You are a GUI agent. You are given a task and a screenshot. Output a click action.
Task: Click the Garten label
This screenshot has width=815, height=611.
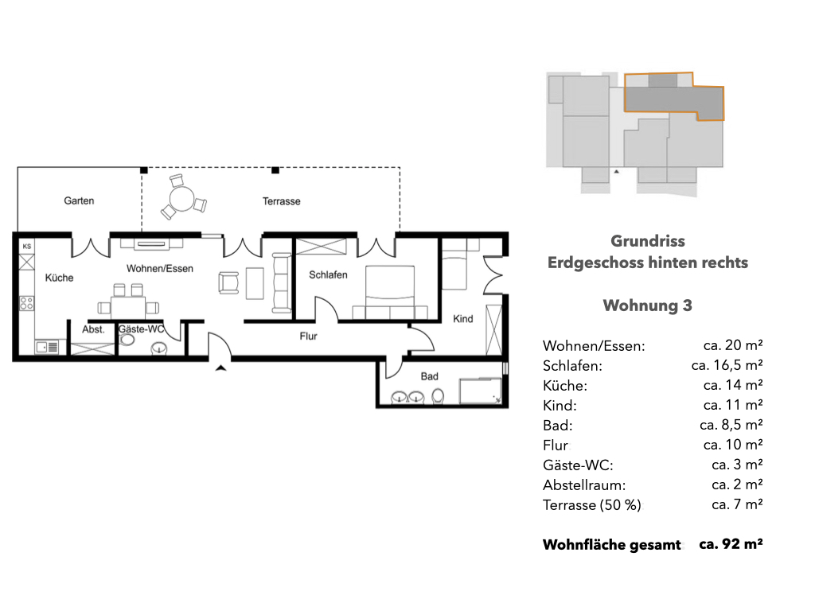tap(79, 200)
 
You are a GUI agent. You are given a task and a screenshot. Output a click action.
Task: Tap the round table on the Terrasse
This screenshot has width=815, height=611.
tap(182, 199)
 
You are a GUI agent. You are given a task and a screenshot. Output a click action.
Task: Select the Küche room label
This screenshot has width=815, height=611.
tap(59, 278)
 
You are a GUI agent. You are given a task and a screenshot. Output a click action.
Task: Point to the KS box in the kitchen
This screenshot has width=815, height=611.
tap(26, 247)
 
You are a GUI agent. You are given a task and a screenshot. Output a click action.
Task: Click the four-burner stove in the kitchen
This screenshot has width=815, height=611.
tap(26, 303)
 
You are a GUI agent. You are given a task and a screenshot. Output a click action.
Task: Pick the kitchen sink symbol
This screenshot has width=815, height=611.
tap(47, 347)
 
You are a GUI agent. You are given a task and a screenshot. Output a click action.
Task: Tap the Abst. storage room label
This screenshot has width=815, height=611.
tap(93, 329)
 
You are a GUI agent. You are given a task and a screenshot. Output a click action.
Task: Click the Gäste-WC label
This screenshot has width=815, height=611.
tap(142, 329)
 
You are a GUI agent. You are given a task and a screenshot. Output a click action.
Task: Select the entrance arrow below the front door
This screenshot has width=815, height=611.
tap(221, 368)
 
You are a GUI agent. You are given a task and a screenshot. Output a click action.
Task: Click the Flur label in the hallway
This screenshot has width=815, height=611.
tap(308, 337)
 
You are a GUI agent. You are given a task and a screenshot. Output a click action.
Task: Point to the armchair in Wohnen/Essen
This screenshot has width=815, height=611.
tap(228, 283)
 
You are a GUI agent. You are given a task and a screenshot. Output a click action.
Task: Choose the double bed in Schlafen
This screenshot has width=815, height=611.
tap(390, 292)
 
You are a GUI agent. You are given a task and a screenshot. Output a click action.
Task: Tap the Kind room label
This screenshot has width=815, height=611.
tap(462, 318)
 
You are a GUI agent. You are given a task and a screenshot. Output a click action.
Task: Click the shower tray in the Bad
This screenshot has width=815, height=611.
tap(480, 391)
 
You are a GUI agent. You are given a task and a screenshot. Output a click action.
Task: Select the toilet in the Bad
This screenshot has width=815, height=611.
tap(439, 396)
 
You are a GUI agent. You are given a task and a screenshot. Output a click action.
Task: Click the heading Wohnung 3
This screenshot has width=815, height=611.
tap(648, 305)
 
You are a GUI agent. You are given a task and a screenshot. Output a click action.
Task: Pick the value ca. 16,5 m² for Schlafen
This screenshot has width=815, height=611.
tap(727, 364)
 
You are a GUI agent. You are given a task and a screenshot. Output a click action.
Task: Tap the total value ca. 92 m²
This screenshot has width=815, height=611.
tap(731, 544)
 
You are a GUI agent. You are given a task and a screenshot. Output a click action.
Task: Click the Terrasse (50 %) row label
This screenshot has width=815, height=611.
tap(592, 505)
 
